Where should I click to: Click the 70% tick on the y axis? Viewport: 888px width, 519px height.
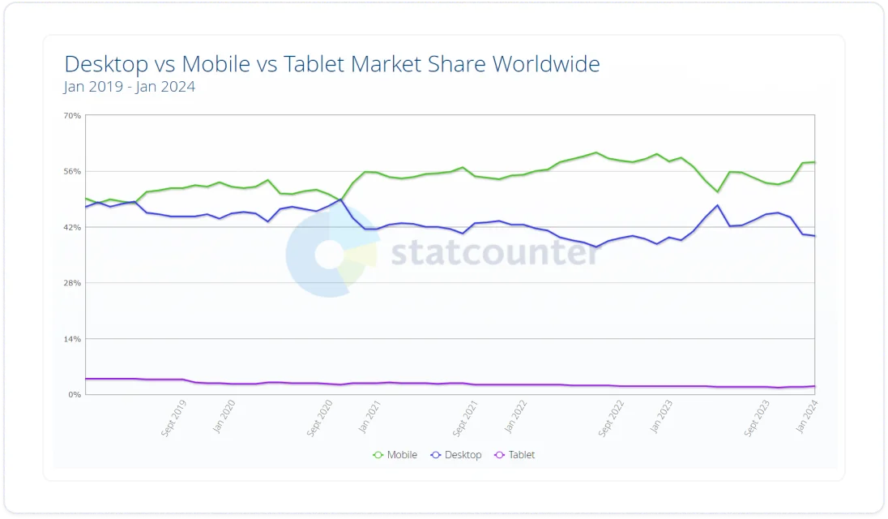tap(72, 116)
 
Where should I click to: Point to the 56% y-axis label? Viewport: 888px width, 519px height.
tap(72, 172)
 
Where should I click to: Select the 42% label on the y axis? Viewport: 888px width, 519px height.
tap(72, 228)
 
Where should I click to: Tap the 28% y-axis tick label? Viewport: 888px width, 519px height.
tap(72, 283)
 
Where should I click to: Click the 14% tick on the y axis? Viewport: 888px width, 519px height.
tap(72, 339)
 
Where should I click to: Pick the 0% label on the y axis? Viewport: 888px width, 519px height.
tap(75, 395)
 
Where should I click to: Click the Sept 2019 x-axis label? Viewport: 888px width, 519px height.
tap(174, 418)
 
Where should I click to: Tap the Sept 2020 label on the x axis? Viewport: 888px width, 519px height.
tap(321, 418)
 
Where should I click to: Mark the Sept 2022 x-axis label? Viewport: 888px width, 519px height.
tap(613, 418)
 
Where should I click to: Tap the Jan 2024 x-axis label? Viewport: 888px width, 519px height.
tap(807, 415)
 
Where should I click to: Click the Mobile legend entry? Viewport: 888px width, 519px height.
tap(395, 455)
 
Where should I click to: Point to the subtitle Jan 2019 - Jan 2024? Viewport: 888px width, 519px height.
tap(130, 87)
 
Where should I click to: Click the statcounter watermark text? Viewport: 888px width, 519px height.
tap(495, 253)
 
